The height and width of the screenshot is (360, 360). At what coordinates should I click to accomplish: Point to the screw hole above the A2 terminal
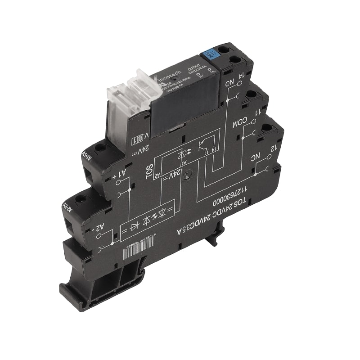click(x=81, y=198)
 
